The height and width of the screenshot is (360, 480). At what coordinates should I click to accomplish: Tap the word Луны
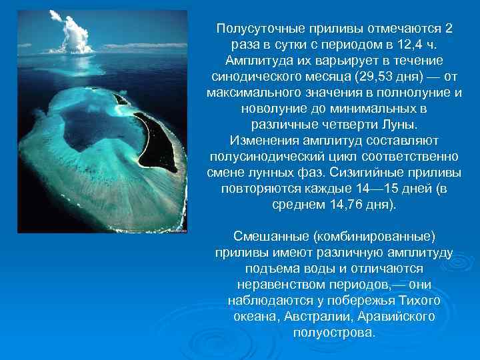coord(399,124)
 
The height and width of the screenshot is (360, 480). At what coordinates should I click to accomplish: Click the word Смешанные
coord(270,237)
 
